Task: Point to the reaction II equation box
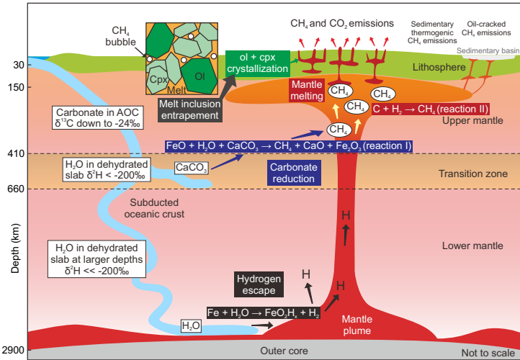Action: [429, 109]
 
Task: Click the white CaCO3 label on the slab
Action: [191, 168]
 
